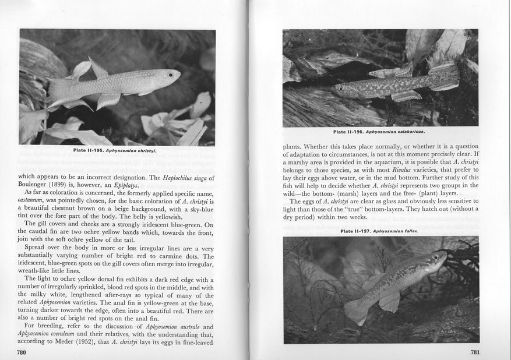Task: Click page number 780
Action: coord(22,352)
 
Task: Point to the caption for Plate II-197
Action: coord(380,231)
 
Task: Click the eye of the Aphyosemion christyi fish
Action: coord(170,75)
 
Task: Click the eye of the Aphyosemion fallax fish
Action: coord(435,257)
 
